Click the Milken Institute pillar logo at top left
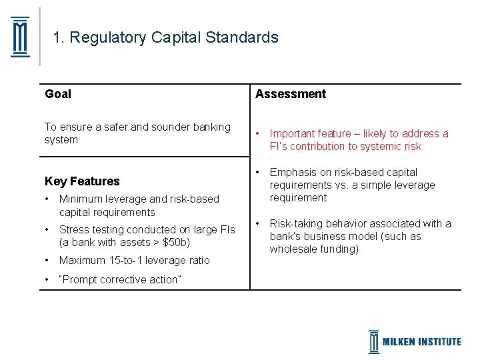21,37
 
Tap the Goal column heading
58,94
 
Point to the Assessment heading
291,94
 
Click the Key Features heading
82,181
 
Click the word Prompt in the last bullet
81,279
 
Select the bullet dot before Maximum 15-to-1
47,260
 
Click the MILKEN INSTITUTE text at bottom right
421,341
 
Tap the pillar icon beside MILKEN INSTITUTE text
374,341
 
